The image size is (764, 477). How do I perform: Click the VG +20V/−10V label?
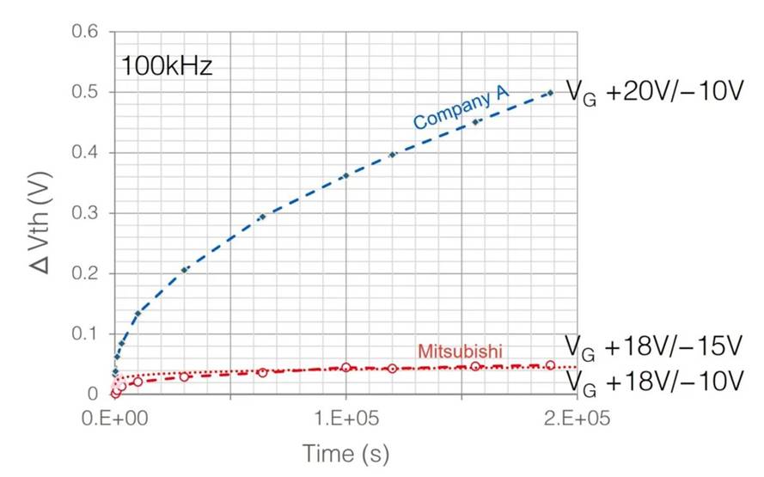pos(652,91)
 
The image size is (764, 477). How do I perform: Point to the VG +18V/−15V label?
pos(652,346)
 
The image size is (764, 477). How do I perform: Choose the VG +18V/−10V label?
pos(652,380)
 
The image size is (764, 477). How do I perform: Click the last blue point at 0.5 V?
pos(550,93)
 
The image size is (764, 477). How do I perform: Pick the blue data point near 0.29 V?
pos(262,217)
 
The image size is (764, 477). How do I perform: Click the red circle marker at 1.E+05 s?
pos(345,367)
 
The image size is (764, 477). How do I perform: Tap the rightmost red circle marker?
pos(550,365)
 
